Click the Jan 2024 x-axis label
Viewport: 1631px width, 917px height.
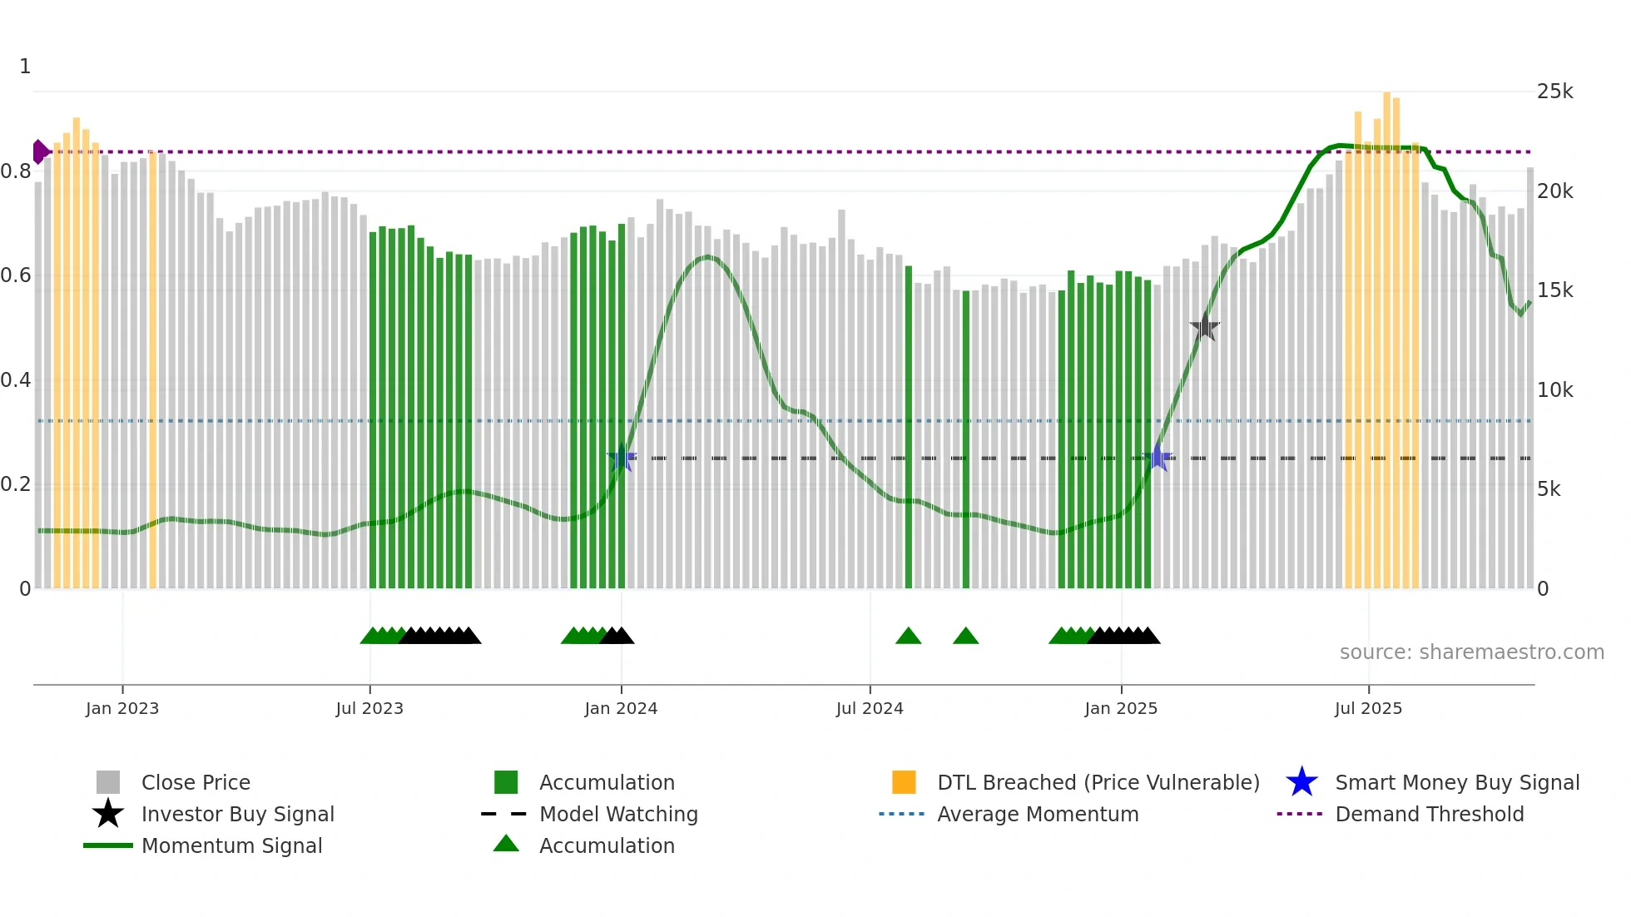pyautogui.click(x=621, y=708)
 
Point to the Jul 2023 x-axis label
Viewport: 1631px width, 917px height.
pyautogui.click(x=369, y=708)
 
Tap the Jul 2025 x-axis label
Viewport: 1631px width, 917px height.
pyautogui.click(x=1368, y=708)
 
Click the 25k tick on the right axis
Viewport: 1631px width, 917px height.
pyautogui.click(x=1554, y=92)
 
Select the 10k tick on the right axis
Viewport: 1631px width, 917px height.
pyautogui.click(x=1554, y=390)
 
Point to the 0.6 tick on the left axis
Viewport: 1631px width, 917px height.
pyautogui.click(x=16, y=275)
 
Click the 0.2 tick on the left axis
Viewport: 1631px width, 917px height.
pyautogui.click(x=16, y=484)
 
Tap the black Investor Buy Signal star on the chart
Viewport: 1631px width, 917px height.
pyautogui.click(x=1204, y=327)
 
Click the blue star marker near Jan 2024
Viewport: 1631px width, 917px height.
pyautogui.click(x=622, y=458)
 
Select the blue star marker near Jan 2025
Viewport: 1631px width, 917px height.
pyautogui.click(x=1158, y=458)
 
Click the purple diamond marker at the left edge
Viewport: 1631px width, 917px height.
pyautogui.click(x=39, y=152)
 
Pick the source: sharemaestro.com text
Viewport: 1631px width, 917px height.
pyautogui.click(x=1471, y=652)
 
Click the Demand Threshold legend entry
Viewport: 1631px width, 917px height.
pyautogui.click(x=1429, y=814)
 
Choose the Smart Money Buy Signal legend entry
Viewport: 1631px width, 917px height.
pyautogui.click(x=1456, y=782)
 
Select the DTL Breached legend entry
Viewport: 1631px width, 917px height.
pyautogui.click(x=1098, y=782)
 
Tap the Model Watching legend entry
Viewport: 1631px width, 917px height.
pyautogui.click(x=617, y=814)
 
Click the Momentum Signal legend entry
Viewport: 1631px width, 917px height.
pyautogui.click(x=231, y=845)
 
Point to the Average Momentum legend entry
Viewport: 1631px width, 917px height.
pyautogui.click(x=1037, y=814)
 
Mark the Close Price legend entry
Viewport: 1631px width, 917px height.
pyautogui.click(x=195, y=782)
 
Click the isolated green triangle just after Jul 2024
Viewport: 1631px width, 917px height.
pyautogui.click(x=908, y=637)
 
